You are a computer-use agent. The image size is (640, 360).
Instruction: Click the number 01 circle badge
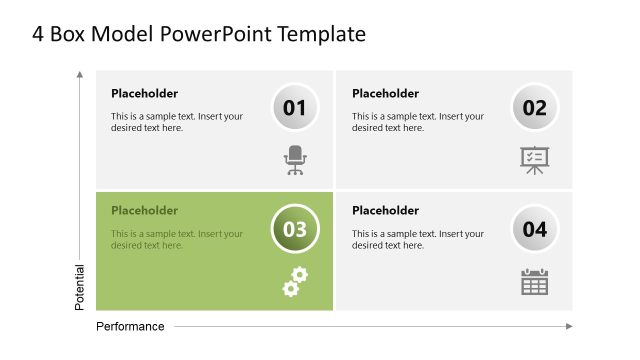pyautogui.click(x=295, y=108)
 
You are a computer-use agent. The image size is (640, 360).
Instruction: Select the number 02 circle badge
pyautogui.click(x=535, y=108)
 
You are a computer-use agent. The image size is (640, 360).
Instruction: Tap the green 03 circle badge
pyautogui.click(x=295, y=229)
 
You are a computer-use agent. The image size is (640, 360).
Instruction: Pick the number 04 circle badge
pyautogui.click(x=535, y=229)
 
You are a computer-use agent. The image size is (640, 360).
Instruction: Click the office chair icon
pyautogui.click(x=295, y=160)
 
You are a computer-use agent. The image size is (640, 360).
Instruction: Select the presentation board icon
pyautogui.click(x=535, y=160)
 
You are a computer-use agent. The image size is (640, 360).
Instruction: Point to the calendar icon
pyautogui.click(x=535, y=281)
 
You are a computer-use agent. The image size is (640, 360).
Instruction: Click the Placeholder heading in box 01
pyautogui.click(x=144, y=94)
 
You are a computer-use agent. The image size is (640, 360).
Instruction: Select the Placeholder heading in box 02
pyautogui.click(x=385, y=94)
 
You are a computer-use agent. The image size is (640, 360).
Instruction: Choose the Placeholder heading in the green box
pyautogui.click(x=144, y=211)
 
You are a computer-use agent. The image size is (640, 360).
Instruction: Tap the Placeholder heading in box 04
pyautogui.click(x=385, y=211)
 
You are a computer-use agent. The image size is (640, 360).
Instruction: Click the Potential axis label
pyautogui.click(x=80, y=287)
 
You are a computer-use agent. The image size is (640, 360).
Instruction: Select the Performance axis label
pyautogui.click(x=130, y=326)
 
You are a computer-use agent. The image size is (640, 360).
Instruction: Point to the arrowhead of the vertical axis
pyautogui.click(x=80, y=74)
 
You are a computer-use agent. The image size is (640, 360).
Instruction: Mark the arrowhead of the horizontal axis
pyautogui.click(x=569, y=326)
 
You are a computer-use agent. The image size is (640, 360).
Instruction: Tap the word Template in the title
pyautogui.click(x=326, y=35)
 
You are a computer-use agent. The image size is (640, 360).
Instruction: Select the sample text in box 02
pyautogui.click(x=418, y=122)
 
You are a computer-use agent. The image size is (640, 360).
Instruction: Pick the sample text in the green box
pyautogui.click(x=177, y=240)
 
